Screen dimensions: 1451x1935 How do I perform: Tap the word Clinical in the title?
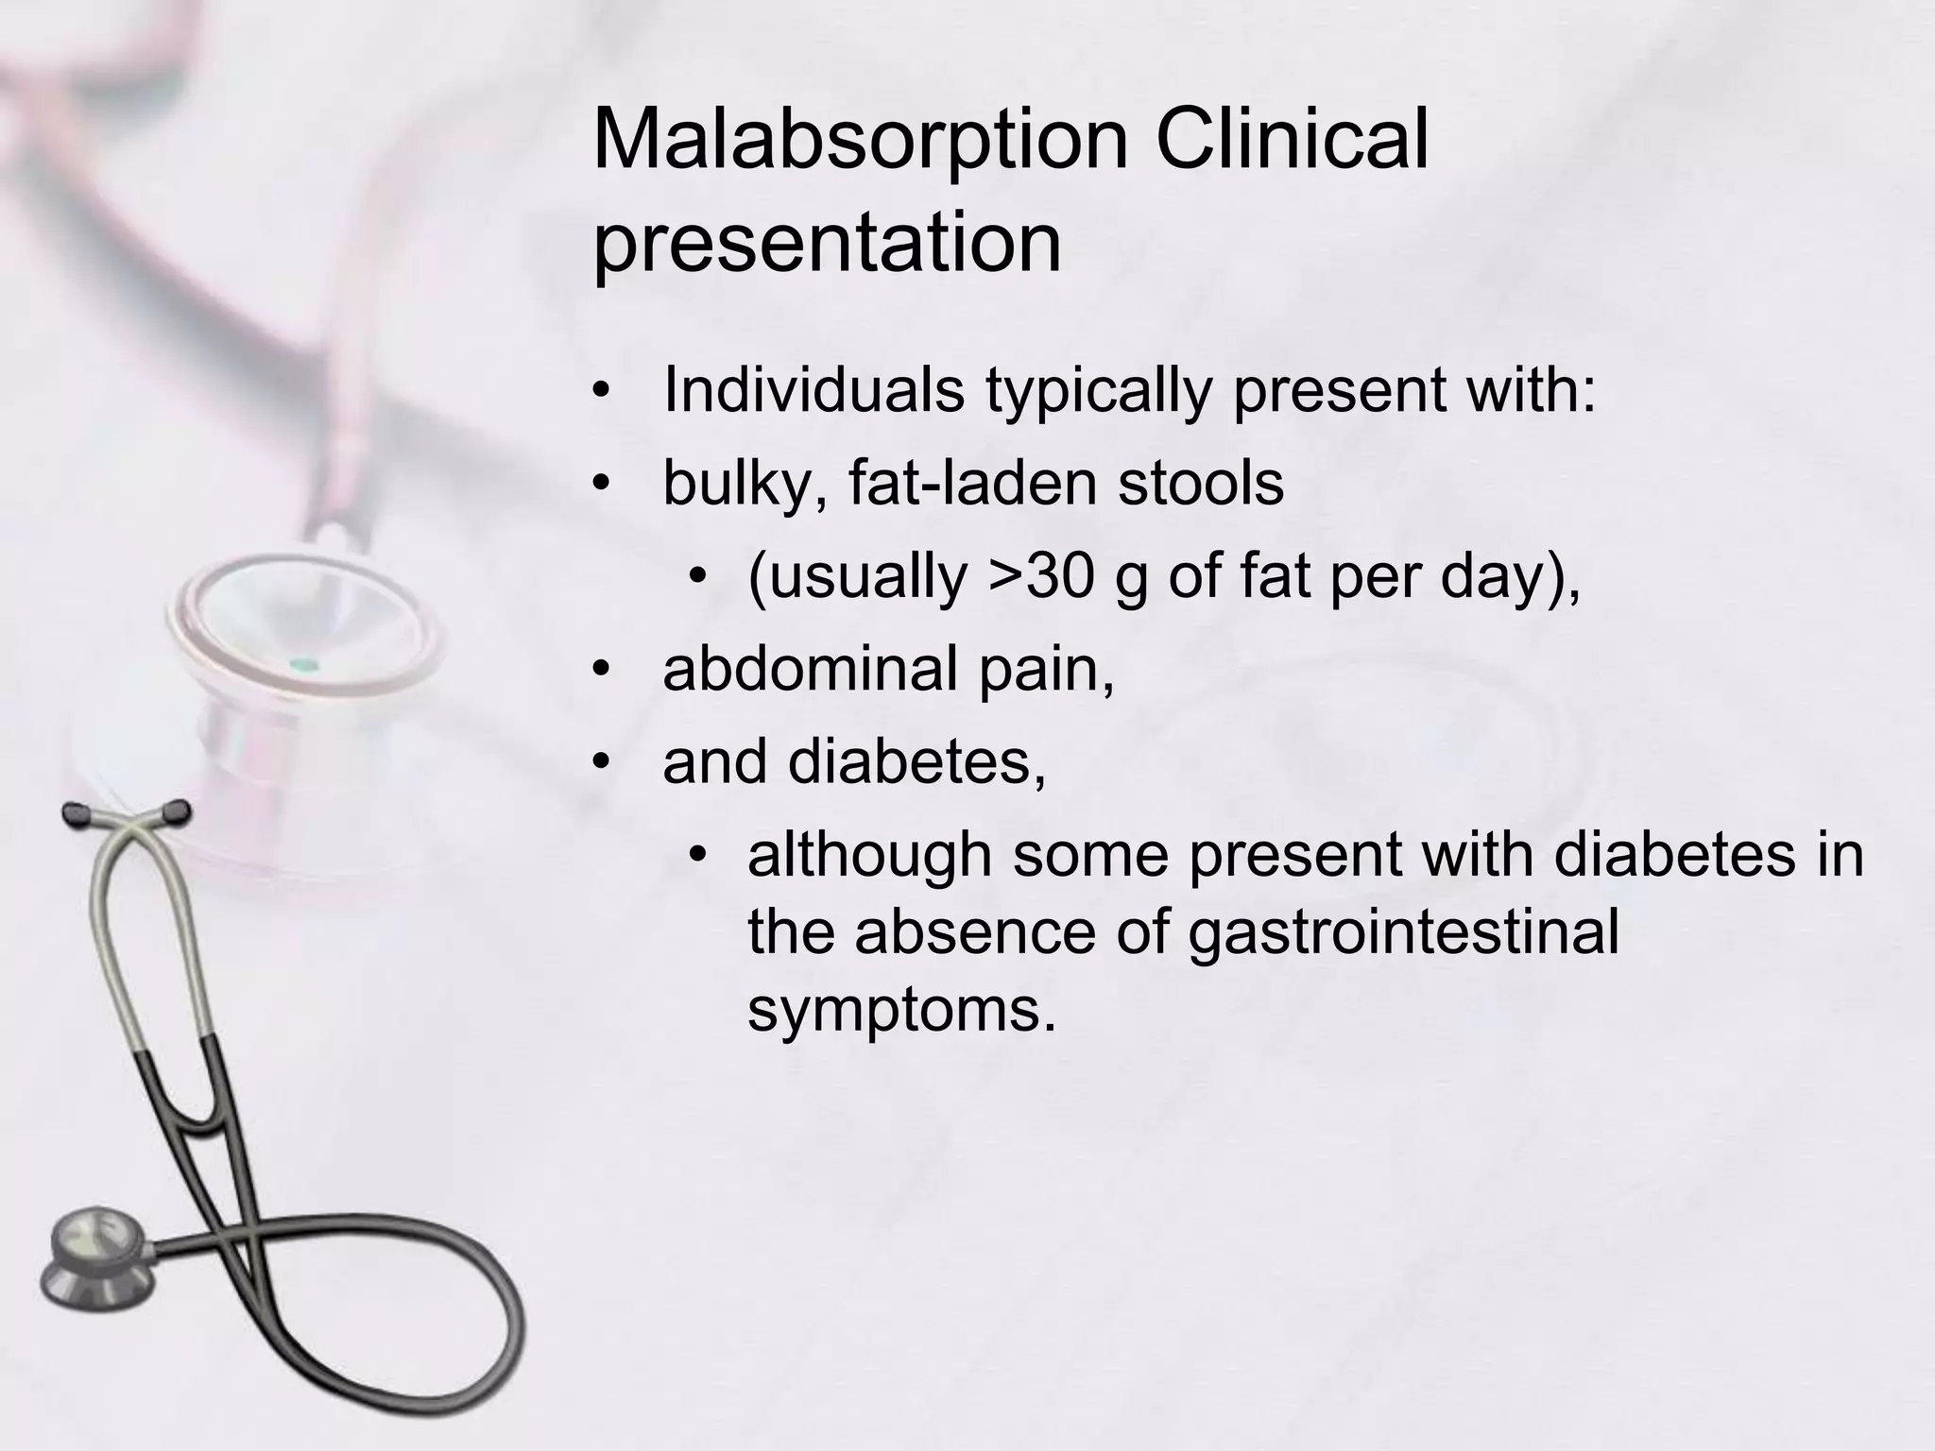tap(1293, 140)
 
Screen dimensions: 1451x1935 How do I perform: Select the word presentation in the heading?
tap(827, 242)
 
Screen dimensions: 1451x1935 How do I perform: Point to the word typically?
tap(1098, 390)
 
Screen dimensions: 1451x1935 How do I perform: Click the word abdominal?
tap(812, 668)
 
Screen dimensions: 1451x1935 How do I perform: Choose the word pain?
tap(1046, 670)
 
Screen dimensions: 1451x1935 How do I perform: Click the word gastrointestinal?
tap(1403, 931)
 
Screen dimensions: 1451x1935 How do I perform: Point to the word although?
tap(868, 854)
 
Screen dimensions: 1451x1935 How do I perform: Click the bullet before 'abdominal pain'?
tap(602, 670)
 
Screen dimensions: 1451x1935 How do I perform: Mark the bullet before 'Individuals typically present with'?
tap(602, 390)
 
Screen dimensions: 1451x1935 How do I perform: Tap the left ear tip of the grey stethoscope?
tap(75, 811)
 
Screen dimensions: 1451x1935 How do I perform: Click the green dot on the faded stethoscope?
tap(301, 663)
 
